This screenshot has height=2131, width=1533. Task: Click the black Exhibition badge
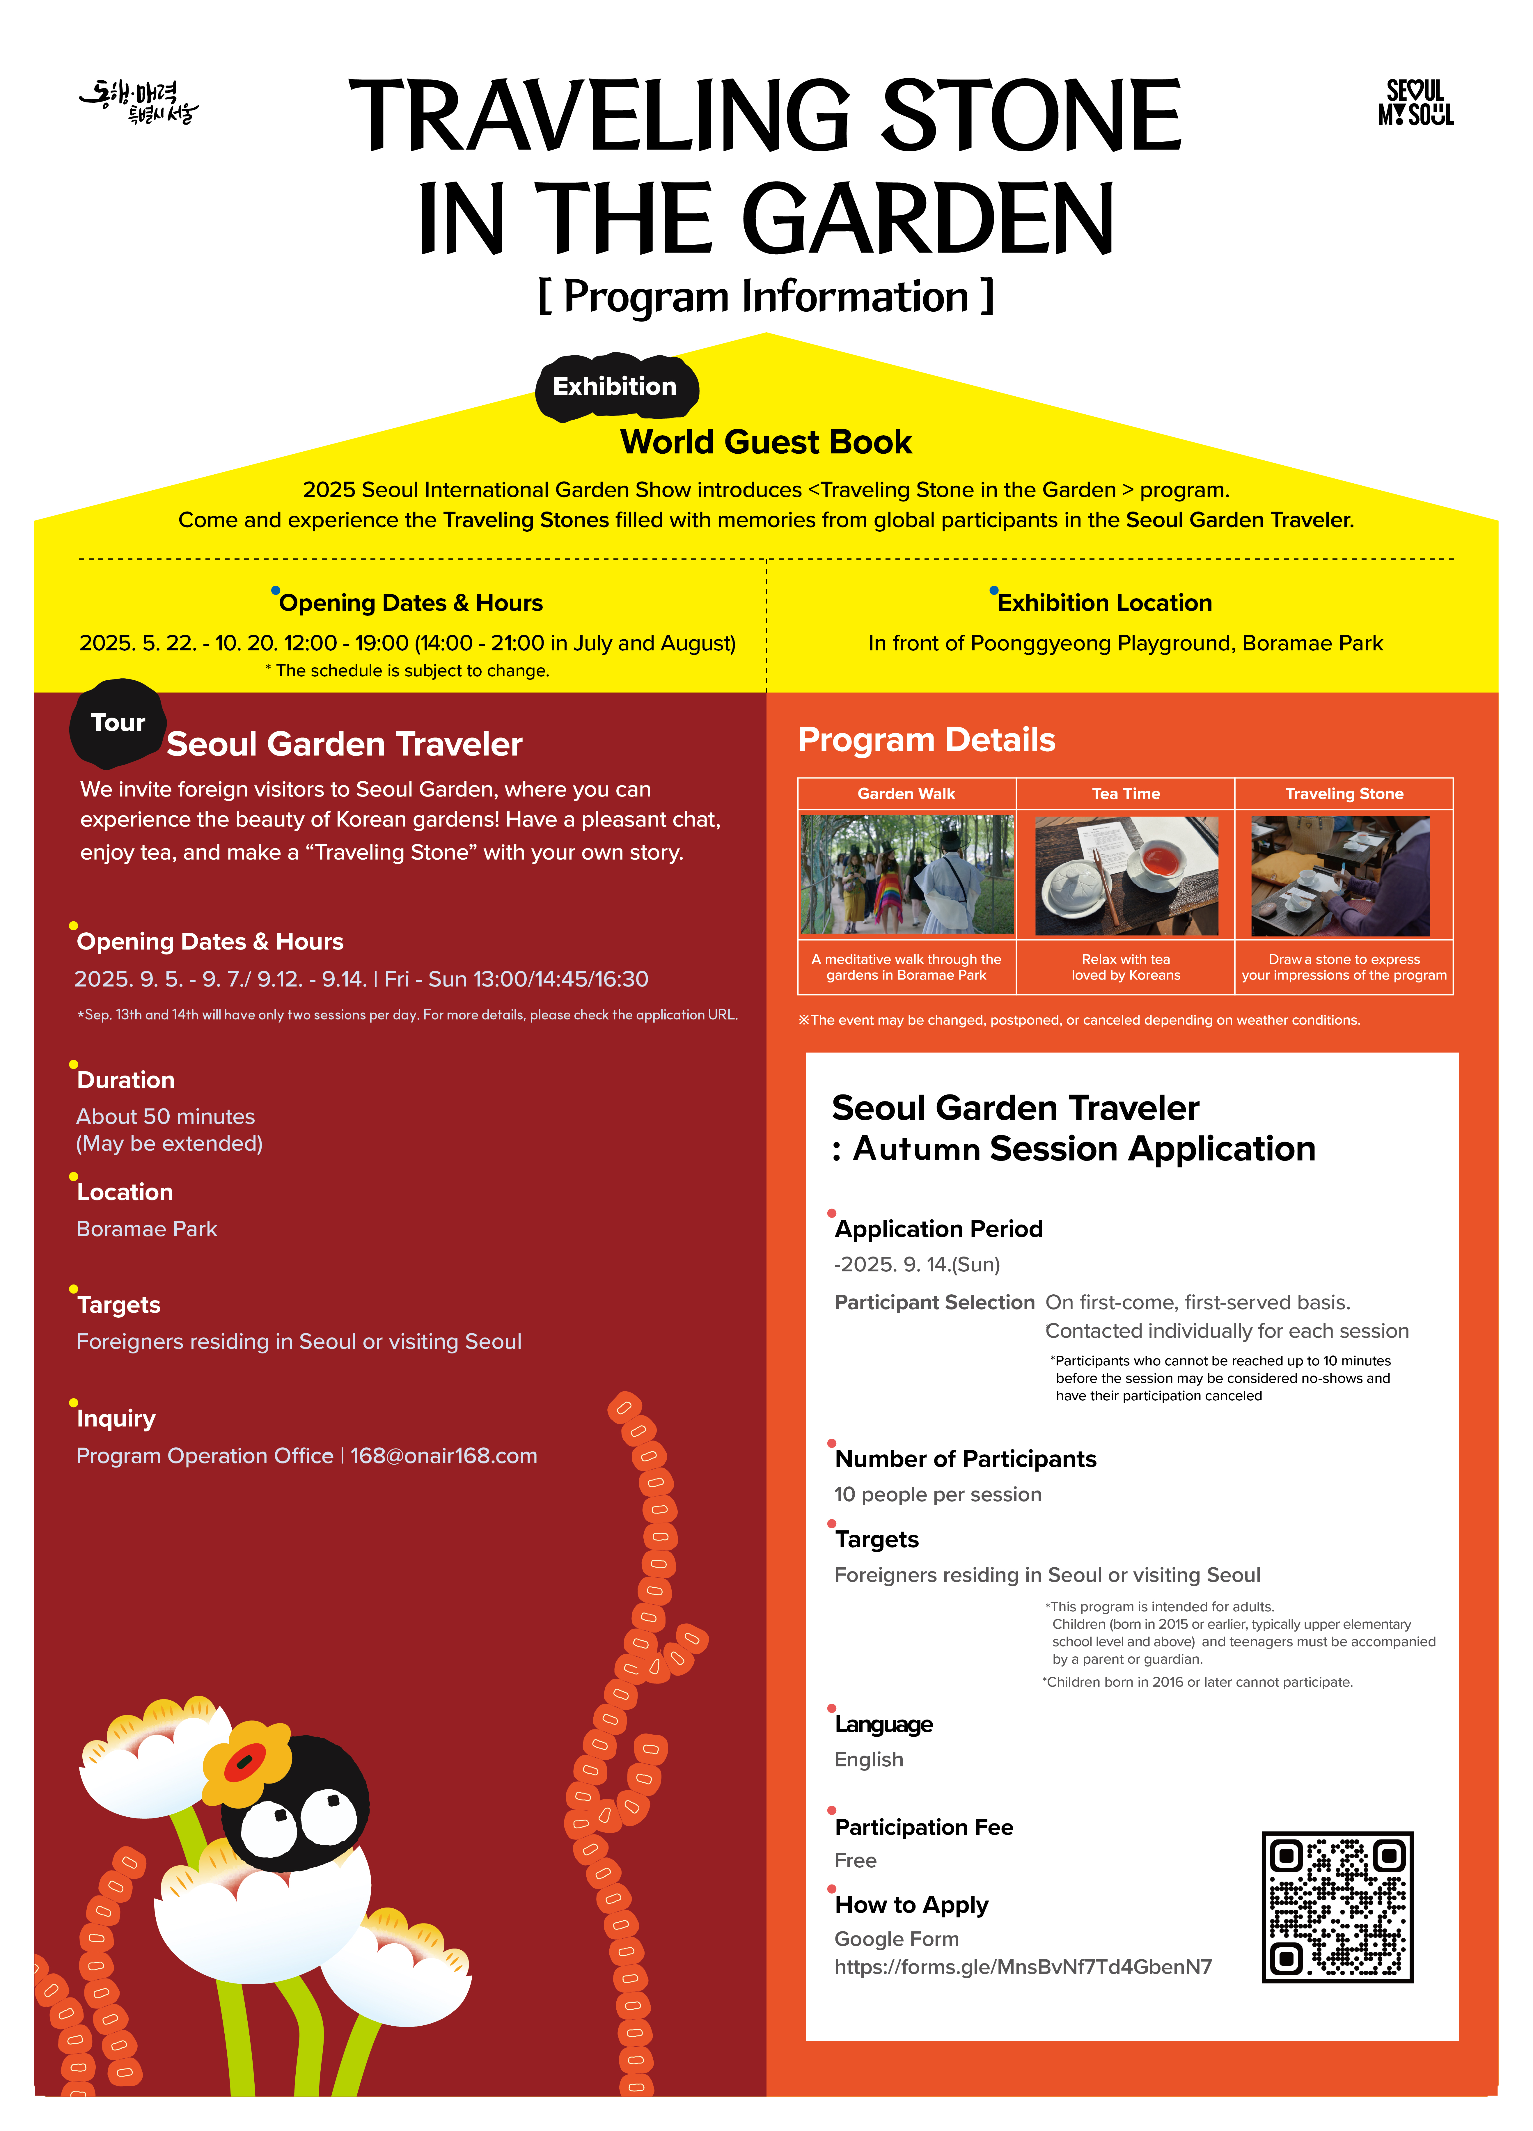pyautogui.click(x=615, y=387)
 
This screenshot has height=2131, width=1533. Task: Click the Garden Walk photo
pyautogui.click(x=906, y=874)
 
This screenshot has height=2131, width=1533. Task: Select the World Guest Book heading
pyautogui.click(x=766, y=442)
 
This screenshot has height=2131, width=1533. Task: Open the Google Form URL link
pyautogui.click(x=1023, y=1967)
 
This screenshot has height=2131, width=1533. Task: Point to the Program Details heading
pyautogui.click(x=926, y=739)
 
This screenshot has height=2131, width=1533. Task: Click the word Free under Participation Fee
pyautogui.click(x=855, y=1860)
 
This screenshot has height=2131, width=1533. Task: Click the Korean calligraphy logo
pyautogui.click(x=139, y=102)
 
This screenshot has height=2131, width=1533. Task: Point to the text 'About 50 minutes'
pyautogui.click(x=165, y=1116)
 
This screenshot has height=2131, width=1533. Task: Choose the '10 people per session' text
pyautogui.click(x=937, y=1494)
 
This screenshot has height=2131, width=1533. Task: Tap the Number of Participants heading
pyautogui.click(x=966, y=1458)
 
